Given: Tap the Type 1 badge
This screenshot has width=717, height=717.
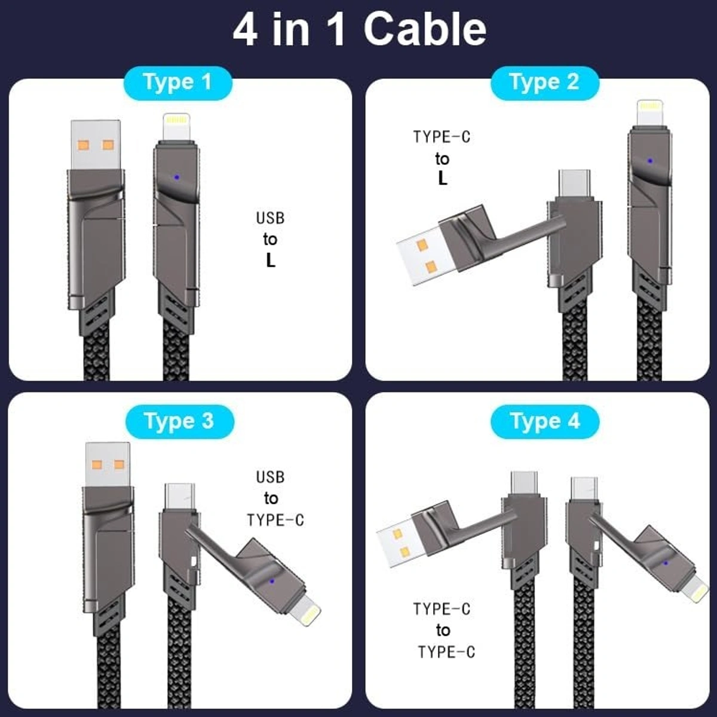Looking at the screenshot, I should coord(177,82).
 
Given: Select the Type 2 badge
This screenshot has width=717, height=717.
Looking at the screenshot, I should coord(544,82).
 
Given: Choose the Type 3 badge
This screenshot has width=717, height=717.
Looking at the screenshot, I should coord(179,421).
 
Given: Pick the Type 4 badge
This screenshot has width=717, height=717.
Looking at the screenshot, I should coord(544,421).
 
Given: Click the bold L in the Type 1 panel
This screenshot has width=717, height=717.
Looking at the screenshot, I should coord(271,261).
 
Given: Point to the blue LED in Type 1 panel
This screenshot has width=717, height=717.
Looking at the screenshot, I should coord(175,177).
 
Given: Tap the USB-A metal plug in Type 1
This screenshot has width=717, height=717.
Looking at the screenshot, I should coord(96,145).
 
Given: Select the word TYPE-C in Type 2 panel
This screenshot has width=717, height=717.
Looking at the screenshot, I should coord(442,137).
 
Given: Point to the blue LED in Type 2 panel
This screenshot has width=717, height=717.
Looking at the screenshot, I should coord(649,161).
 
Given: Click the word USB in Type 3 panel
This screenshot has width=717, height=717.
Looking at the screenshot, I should coord(270,477).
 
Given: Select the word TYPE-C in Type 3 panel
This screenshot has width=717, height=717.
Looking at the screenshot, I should coord(275,520).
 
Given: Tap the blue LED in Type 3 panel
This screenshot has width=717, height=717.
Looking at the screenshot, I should coord(272,580).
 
